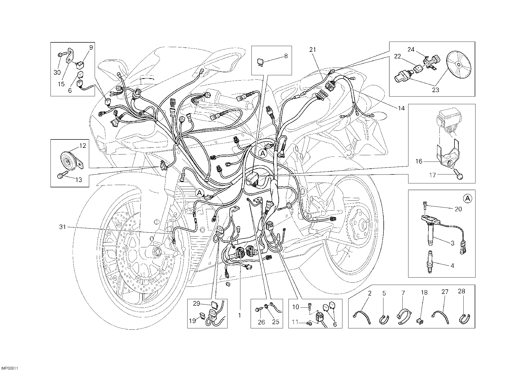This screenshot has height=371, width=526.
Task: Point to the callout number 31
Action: tap(62, 227)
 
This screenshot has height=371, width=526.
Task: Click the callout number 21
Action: tap(312, 50)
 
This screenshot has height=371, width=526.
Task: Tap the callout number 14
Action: tap(401, 108)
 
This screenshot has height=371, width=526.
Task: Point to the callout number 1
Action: tap(240, 315)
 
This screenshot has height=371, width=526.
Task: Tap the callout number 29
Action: tap(197, 303)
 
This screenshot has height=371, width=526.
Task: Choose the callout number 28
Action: tap(462, 291)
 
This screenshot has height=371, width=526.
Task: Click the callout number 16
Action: tap(419, 161)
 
